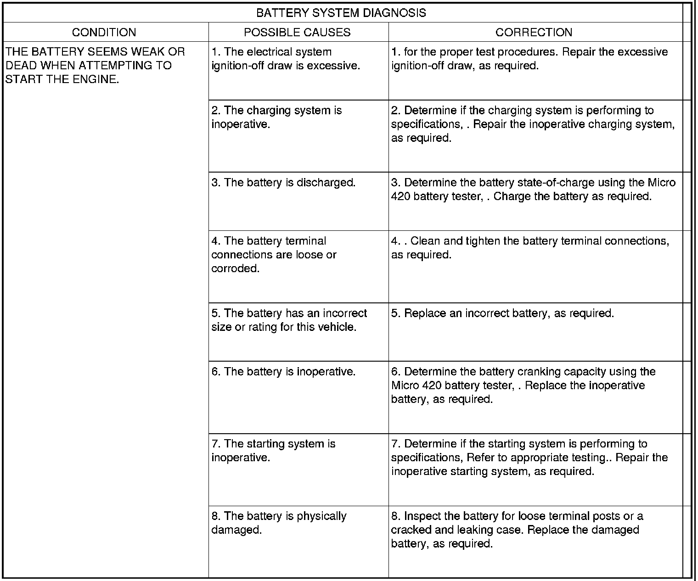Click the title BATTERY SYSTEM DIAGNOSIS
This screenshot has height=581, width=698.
click(x=341, y=13)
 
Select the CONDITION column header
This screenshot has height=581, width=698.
click(x=104, y=32)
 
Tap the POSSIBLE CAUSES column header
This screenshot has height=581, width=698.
click(x=297, y=32)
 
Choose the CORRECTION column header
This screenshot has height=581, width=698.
click(x=534, y=32)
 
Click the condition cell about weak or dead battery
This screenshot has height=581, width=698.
click(x=95, y=66)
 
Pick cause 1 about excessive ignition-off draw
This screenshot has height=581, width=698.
click(x=285, y=59)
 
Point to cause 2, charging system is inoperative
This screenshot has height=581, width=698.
click(x=276, y=117)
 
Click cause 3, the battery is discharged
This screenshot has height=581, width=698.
click(x=283, y=183)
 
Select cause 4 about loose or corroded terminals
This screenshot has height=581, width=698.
click(x=274, y=255)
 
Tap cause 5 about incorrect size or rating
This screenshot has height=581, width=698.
click(x=289, y=320)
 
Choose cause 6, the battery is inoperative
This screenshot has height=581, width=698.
click(x=283, y=372)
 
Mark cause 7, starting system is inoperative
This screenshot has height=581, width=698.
click(x=273, y=451)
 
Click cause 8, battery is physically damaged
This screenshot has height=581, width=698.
click(x=279, y=523)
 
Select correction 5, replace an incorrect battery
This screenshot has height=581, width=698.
click(x=502, y=313)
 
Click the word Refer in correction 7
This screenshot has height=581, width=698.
click(x=480, y=458)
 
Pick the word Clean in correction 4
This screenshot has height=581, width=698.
click(x=425, y=241)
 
